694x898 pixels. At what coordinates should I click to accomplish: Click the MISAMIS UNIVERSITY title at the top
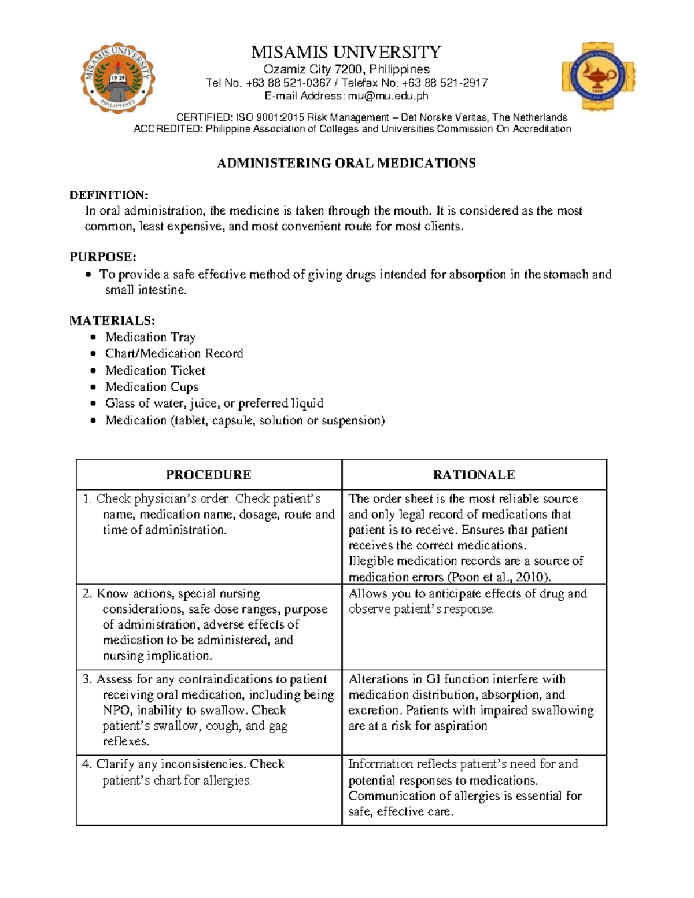(346, 53)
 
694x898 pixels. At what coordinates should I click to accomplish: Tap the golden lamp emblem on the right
(598, 76)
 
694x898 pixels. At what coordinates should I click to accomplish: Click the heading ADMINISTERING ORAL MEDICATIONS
(346, 164)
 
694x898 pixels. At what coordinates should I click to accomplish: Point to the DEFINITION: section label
(109, 195)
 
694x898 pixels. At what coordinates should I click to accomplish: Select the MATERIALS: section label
(112, 321)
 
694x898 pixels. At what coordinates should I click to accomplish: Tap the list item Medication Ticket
(155, 371)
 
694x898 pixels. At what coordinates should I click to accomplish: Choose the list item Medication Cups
(152, 387)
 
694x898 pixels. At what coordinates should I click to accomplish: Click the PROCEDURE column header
(208, 475)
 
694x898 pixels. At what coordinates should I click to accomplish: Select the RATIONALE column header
(474, 475)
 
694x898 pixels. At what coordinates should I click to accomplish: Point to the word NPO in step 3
(117, 711)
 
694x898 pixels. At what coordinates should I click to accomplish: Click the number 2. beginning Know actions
(87, 594)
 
